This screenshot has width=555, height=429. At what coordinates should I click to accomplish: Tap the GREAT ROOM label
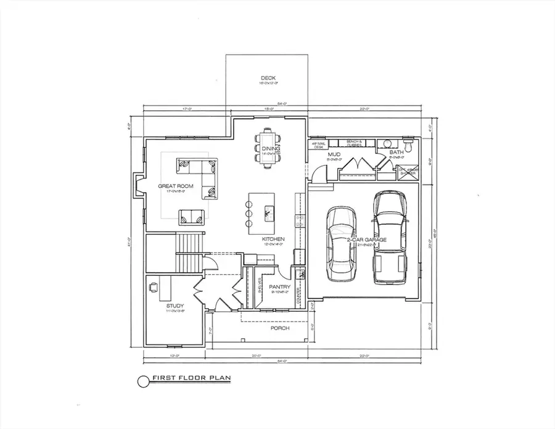(176, 186)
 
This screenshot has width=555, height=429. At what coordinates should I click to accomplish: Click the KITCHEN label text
(272, 238)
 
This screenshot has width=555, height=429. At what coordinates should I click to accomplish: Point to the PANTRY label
(279, 286)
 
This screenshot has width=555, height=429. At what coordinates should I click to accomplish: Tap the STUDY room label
(176, 306)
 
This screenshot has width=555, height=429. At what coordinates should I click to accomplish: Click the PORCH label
(279, 328)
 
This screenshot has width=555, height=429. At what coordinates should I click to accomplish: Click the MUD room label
(334, 153)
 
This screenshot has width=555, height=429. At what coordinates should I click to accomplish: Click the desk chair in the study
(152, 287)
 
